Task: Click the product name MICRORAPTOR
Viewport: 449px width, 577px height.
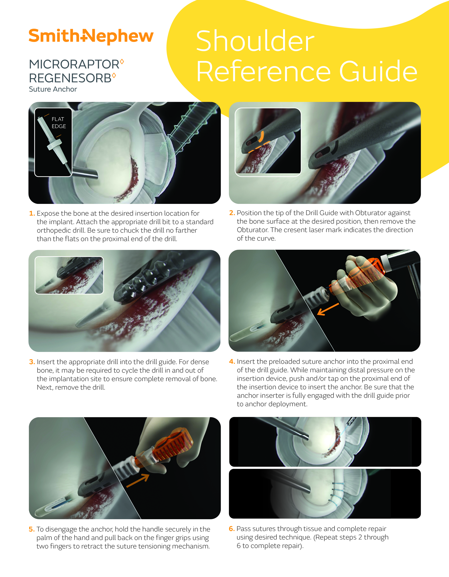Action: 74,64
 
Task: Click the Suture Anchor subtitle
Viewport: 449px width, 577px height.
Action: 53,89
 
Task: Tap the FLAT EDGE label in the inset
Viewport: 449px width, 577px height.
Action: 59,123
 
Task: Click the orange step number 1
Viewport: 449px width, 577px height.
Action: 32,213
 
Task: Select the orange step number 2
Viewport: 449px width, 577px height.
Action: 232,213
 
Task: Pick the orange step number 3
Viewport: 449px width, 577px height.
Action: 32,362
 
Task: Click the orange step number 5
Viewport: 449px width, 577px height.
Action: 32,529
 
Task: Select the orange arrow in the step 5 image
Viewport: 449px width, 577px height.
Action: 138,480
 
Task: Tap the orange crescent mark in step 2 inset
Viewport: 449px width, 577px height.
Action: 262,137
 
